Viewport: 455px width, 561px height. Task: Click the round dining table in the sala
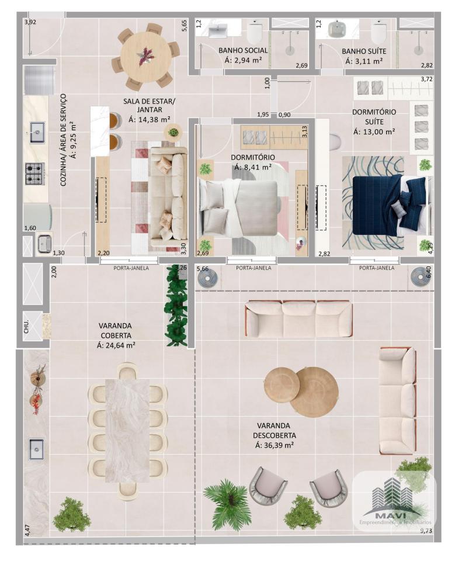[x=146, y=57]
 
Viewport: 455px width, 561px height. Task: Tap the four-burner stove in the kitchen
[x=35, y=174]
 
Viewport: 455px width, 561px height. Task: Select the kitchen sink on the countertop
[x=36, y=133]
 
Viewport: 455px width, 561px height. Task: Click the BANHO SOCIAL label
[x=243, y=50]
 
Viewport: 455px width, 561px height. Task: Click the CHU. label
[x=27, y=326]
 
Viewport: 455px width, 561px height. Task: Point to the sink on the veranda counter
[x=36, y=449]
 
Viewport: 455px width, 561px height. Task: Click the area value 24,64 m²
[x=116, y=345]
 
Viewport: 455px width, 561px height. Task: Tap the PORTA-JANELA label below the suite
[x=377, y=268]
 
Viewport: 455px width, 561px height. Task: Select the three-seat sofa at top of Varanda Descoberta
[x=299, y=319]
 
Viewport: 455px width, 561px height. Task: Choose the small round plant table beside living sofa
[x=173, y=132]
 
